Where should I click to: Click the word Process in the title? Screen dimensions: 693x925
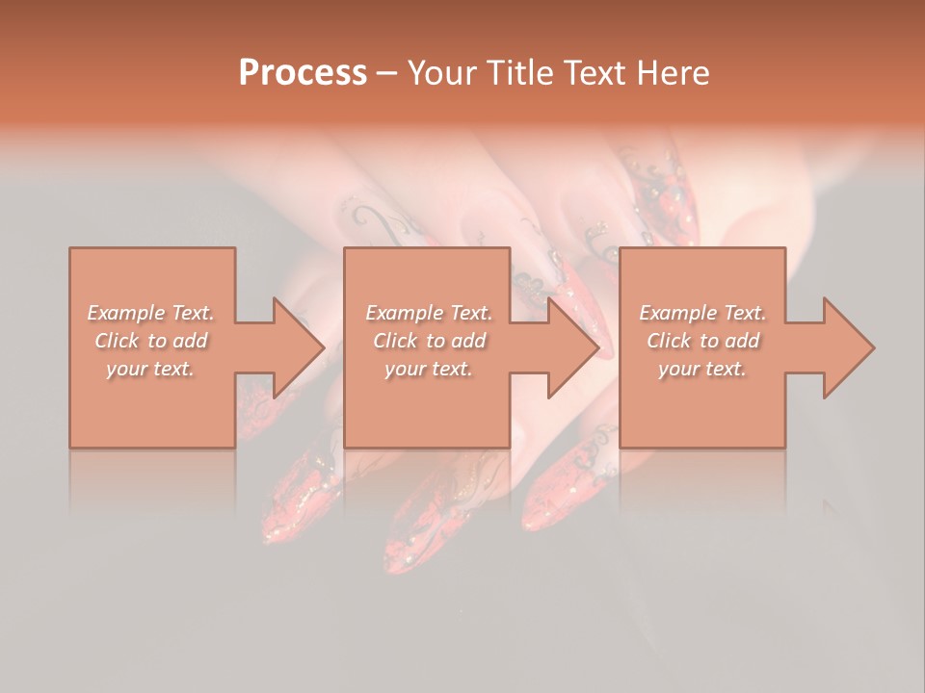(x=303, y=73)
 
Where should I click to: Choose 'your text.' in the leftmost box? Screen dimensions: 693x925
(x=150, y=369)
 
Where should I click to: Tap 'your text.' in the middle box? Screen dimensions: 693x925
(x=428, y=369)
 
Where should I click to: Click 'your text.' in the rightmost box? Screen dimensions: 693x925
(x=701, y=369)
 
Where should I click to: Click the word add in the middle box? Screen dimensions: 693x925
(x=468, y=341)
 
